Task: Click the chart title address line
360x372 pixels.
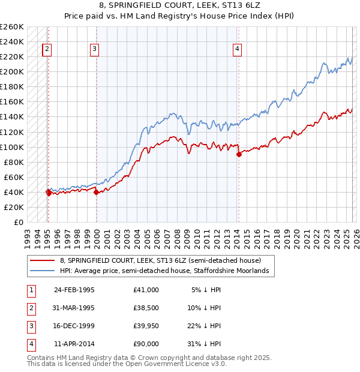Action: pyautogui.click(x=179, y=6)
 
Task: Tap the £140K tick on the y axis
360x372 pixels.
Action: pyautogui.click(x=12, y=117)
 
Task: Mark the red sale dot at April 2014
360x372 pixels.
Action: pyautogui.click(x=239, y=154)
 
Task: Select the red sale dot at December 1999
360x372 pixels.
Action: pyautogui.click(x=96, y=192)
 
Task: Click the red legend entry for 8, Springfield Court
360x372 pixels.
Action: pyautogui.click(x=160, y=260)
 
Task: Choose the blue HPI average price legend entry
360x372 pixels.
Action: pyautogui.click(x=167, y=271)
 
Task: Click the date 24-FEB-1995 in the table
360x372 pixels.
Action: pyautogui.click(x=74, y=290)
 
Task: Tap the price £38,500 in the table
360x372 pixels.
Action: pyautogui.click(x=146, y=308)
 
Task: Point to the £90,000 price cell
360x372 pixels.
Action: pyautogui.click(x=146, y=344)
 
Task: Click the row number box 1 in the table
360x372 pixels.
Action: pyautogui.click(x=31, y=290)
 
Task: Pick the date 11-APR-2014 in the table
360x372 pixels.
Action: pyautogui.click(x=74, y=344)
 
